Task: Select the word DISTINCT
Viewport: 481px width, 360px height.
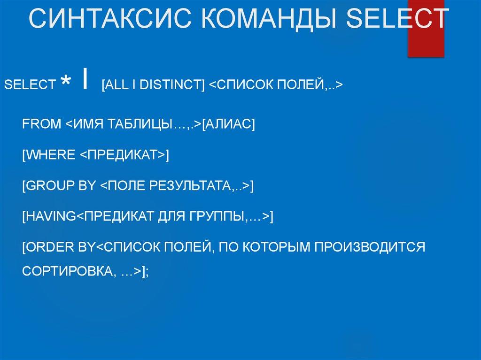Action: coord(171,85)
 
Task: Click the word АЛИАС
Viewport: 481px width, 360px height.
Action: coord(228,124)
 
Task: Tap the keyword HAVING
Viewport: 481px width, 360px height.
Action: coord(51,216)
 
